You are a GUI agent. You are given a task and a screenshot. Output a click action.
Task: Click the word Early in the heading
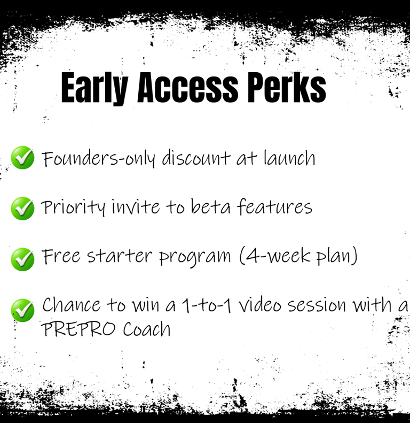[94, 88]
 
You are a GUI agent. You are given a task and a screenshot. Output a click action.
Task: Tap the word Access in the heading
[188, 88]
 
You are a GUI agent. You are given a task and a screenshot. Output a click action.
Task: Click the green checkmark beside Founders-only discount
[22, 158]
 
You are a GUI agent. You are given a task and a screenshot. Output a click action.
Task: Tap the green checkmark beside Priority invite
[22, 208]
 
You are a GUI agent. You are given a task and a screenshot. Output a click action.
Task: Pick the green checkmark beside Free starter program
[22, 259]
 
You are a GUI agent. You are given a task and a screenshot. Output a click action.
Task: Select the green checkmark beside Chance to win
[22, 310]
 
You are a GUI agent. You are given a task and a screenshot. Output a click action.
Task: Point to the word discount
[196, 158]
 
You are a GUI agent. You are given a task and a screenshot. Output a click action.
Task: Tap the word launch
[289, 158]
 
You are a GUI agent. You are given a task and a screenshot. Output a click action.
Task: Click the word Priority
[73, 207]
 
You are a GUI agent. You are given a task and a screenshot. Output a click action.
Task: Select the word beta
[210, 206]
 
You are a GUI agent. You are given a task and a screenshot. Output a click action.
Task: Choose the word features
[275, 206]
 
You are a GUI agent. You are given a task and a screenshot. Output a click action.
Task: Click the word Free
[61, 256]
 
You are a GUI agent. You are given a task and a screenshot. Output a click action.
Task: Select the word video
[260, 305]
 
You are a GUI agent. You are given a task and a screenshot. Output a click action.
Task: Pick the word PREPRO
[78, 329]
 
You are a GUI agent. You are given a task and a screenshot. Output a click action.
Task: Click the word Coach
[147, 329]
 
